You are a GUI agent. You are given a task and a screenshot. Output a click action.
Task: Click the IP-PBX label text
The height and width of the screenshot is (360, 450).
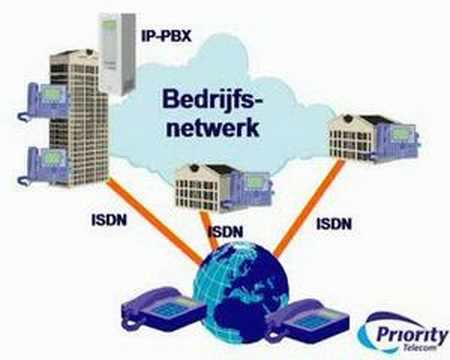point(166,35)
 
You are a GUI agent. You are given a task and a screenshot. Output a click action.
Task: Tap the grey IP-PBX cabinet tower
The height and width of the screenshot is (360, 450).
point(118,52)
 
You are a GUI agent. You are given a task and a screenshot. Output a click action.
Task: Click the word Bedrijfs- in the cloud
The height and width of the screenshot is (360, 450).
point(213,100)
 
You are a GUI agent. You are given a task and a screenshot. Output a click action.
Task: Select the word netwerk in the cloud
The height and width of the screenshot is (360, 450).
point(213,127)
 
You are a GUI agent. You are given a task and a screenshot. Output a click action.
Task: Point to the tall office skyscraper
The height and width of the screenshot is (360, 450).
point(79,118)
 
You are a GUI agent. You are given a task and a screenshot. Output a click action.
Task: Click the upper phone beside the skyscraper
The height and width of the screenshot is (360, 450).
point(43,102)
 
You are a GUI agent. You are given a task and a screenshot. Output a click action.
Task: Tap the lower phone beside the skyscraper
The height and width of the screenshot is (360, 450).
point(43,166)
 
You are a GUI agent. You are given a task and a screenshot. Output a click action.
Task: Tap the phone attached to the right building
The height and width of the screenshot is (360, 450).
point(398,141)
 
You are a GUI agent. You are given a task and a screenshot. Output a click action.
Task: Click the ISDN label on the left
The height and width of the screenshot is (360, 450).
point(109,220)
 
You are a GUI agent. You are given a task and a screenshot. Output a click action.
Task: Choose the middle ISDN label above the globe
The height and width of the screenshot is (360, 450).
point(225,231)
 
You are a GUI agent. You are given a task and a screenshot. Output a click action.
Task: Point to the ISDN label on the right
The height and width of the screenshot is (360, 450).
point(334,224)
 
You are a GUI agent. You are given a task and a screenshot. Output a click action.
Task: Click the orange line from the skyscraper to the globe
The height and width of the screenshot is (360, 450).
point(155,221)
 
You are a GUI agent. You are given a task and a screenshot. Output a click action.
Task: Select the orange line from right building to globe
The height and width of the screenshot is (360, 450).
point(309,208)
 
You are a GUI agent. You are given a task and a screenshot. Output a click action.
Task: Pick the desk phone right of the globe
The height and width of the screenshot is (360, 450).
point(307,321)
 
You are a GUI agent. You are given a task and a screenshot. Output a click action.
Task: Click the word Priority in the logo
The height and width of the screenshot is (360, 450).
point(412,334)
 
